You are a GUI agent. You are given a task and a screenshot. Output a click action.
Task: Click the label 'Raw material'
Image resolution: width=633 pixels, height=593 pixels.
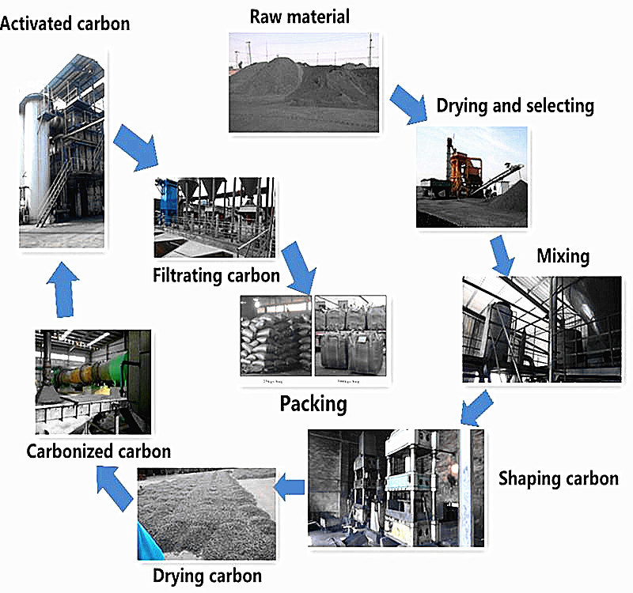click(299, 16)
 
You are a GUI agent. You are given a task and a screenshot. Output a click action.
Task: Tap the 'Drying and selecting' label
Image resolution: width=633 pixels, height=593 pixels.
click(514, 105)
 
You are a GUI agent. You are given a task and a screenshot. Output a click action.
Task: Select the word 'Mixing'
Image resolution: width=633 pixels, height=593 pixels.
click(563, 256)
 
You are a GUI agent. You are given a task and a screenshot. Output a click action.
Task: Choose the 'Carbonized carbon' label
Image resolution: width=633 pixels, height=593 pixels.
click(98, 451)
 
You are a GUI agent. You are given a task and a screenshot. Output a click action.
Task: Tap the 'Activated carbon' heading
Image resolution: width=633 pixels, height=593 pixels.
click(65, 23)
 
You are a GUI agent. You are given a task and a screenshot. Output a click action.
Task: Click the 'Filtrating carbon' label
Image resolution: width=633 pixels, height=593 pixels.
click(217, 276)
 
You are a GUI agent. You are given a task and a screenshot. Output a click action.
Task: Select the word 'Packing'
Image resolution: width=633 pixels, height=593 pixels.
click(313, 404)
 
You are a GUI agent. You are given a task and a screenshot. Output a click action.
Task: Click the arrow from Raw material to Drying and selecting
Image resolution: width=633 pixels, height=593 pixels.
click(407, 102)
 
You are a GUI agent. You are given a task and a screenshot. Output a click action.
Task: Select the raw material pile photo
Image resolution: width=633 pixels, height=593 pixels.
click(301, 81)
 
